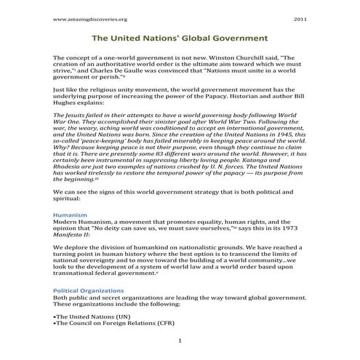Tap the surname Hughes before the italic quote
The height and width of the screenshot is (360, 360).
click(68, 102)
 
